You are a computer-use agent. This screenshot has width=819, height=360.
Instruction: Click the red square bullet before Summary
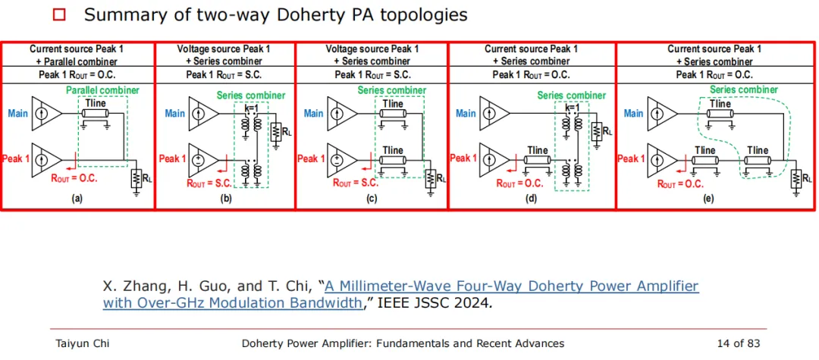point(60,15)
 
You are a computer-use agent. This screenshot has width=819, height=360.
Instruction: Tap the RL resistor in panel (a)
point(136,179)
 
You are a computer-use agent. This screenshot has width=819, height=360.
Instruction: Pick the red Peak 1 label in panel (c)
point(311,158)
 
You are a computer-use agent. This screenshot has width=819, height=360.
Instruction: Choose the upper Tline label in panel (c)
point(393,104)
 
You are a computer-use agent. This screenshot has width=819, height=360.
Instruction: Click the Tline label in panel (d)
point(538,150)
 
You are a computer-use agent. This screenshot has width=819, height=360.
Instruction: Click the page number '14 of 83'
point(739,343)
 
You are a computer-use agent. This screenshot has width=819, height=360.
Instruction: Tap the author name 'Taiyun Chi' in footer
point(82,343)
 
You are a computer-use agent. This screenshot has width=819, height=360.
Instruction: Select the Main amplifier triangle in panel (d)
point(494,114)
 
